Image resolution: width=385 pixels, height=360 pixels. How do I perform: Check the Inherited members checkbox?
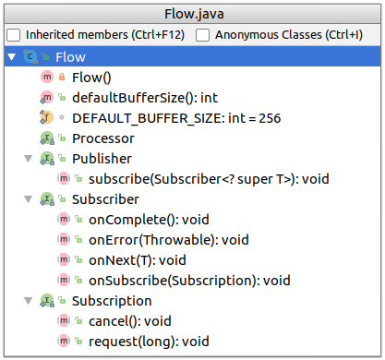point(14,34)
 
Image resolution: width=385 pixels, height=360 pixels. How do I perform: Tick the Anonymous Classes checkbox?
point(203,34)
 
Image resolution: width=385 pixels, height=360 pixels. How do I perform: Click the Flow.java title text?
point(192,12)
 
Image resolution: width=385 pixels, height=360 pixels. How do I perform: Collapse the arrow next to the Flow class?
point(11,57)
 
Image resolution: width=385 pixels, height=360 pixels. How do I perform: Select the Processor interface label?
point(102,138)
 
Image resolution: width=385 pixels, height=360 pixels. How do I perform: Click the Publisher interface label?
point(102,159)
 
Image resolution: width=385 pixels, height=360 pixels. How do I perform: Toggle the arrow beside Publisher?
point(27,159)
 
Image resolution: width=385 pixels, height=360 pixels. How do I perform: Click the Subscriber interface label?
point(105,199)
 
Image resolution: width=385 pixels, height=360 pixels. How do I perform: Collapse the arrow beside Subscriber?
point(27,199)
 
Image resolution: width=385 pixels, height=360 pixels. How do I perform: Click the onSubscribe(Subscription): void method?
point(188,281)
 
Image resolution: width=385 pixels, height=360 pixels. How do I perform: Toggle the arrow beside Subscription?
point(27,301)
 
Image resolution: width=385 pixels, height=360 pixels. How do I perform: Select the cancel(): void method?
point(130,321)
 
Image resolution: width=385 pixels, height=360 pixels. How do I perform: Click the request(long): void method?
point(149,342)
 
